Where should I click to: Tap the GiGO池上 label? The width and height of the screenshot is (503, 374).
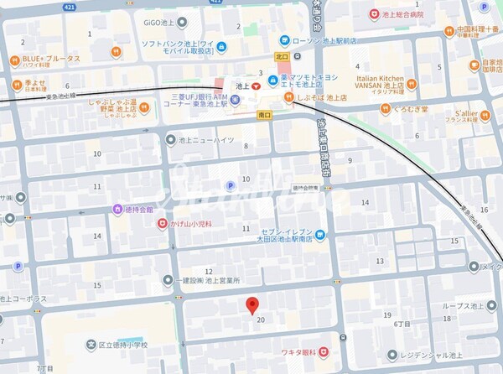[x=184, y=23]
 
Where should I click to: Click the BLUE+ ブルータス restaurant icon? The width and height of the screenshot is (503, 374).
[x=15, y=59]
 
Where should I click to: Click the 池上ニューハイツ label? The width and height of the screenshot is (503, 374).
[x=201, y=140]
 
